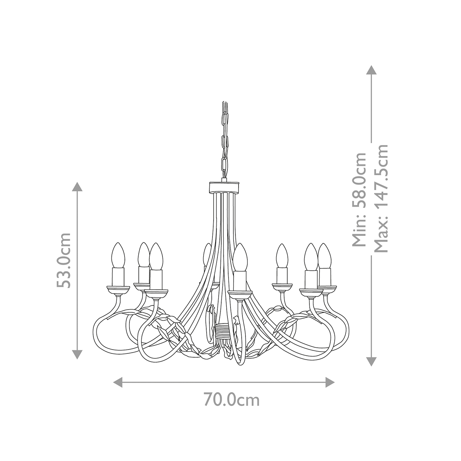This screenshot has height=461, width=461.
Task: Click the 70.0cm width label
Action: coord(231,400)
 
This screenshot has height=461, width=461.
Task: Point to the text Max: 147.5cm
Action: coord(381,199)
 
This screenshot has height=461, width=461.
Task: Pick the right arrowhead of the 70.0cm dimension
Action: coord(330,382)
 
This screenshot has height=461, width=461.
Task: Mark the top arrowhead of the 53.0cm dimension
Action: coord(78,187)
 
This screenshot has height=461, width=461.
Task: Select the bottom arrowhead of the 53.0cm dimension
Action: coord(78,354)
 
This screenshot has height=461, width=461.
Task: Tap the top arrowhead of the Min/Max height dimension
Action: coord(371,70)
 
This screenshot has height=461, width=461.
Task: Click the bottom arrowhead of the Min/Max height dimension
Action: coord(371,361)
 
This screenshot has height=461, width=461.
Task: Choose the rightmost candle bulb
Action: coord(325,255)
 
